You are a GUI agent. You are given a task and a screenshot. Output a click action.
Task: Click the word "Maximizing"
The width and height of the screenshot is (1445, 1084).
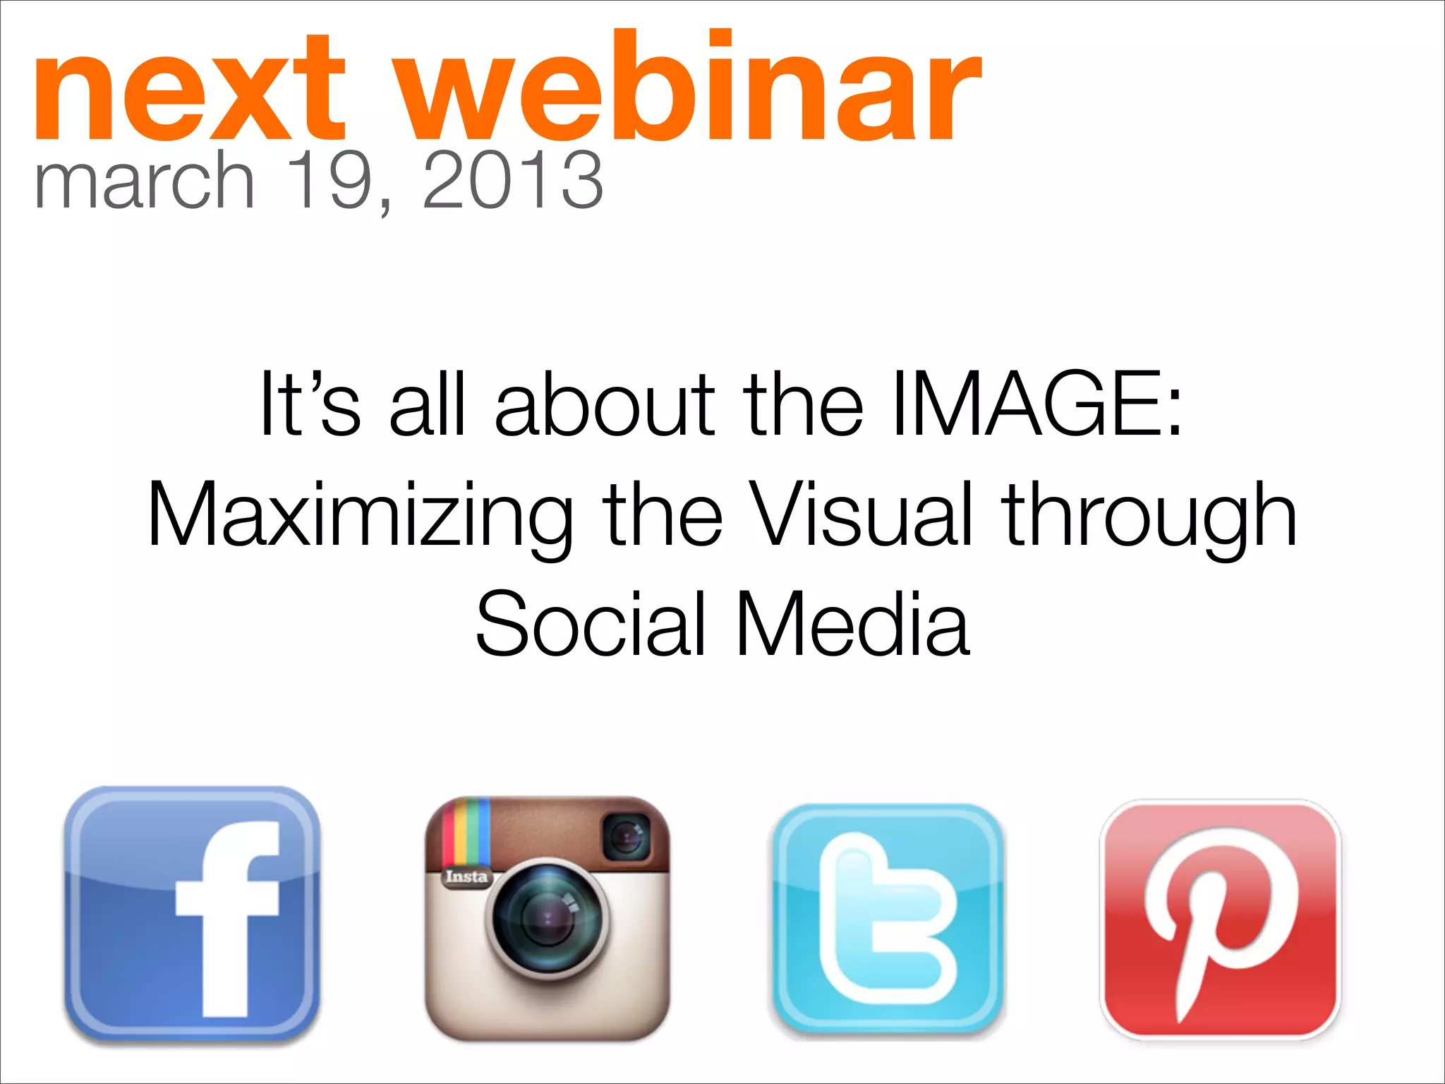[360, 516]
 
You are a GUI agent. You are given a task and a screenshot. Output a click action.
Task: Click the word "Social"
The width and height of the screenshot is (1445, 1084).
[591, 624]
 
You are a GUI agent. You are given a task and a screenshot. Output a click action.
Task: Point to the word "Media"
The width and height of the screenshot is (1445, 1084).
[852, 624]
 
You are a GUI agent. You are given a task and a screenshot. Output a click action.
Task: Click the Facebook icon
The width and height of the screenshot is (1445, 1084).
[192, 915]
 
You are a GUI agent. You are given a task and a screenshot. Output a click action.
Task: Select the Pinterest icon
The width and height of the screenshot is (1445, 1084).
[1221, 919]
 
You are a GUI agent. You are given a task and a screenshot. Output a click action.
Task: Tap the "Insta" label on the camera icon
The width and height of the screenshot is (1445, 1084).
[466, 877]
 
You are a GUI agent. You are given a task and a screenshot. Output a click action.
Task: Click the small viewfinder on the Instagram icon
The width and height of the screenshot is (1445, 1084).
[626, 837]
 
